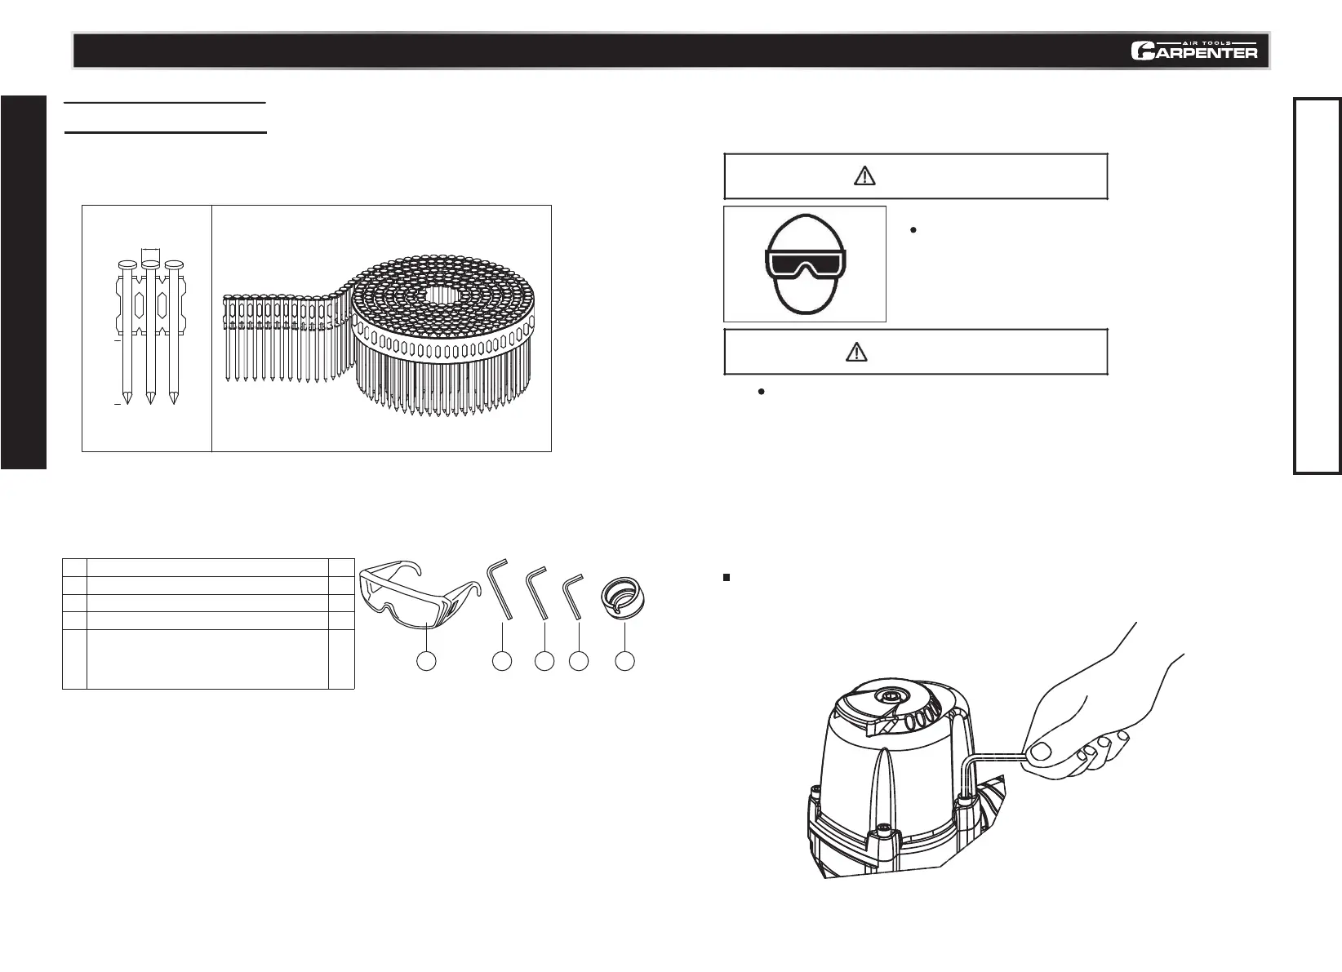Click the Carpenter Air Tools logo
(x=1193, y=50)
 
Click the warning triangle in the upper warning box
(x=864, y=175)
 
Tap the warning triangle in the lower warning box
(x=855, y=352)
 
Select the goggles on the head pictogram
(x=805, y=264)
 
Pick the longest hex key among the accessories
(x=500, y=591)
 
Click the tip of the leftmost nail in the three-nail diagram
(x=127, y=399)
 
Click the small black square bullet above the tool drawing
(x=726, y=578)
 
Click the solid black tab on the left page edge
(x=24, y=282)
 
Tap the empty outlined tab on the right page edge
(x=1317, y=285)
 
